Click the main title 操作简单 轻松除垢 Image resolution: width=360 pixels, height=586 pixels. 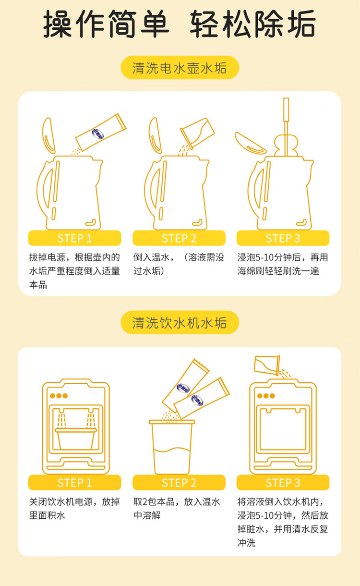(x=180, y=24)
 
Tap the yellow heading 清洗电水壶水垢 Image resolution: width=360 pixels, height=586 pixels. (x=180, y=68)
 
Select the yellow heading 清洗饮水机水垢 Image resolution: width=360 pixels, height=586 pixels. (x=180, y=322)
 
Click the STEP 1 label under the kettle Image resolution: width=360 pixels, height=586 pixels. (x=74, y=238)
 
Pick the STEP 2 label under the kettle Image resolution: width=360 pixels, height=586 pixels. (x=179, y=238)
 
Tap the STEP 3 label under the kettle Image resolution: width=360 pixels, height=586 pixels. (x=283, y=238)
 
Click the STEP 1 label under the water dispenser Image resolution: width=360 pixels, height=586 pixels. (x=74, y=483)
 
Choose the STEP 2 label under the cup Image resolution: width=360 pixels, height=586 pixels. (x=179, y=483)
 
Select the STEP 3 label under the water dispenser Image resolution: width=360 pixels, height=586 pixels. (x=283, y=483)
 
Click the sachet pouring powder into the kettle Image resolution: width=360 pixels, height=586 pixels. (x=101, y=133)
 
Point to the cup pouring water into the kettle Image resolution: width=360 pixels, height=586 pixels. (x=197, y=133)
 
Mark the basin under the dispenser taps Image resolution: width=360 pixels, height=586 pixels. (x=76, y=439)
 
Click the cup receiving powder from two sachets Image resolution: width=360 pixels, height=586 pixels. (x=172, y=447)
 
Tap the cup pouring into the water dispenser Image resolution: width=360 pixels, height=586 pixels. (x=267, y=365)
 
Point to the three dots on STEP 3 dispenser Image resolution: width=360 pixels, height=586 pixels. (x=266, y=396)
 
